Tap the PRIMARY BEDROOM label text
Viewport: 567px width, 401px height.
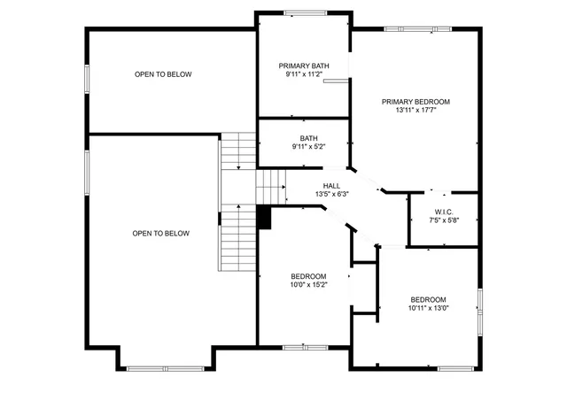pos(416,102)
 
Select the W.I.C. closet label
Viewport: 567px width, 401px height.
pos(444,211)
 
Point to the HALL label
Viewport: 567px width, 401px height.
pos(331,186)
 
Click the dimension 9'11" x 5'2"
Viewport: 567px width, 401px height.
pos(308,147)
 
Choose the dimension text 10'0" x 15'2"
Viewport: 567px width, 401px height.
pos(308,285)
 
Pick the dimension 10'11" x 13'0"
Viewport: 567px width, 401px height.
pos(428,308)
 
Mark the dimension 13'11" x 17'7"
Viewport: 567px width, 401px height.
pos(416,111)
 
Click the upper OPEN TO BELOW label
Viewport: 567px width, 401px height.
pos(163,74)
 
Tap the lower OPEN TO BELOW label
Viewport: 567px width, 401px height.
pos(161,234)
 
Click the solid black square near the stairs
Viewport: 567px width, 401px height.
pos(263,217)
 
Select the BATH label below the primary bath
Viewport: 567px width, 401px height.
pos(308,138)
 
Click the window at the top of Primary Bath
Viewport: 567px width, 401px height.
pos(304,12)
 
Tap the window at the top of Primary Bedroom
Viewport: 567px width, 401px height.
pos(416,28)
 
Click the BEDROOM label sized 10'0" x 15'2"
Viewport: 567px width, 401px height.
pos(308,276)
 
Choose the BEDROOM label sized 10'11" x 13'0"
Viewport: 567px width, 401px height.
pos(428,299)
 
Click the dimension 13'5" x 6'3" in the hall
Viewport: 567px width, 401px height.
pos(331,195)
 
